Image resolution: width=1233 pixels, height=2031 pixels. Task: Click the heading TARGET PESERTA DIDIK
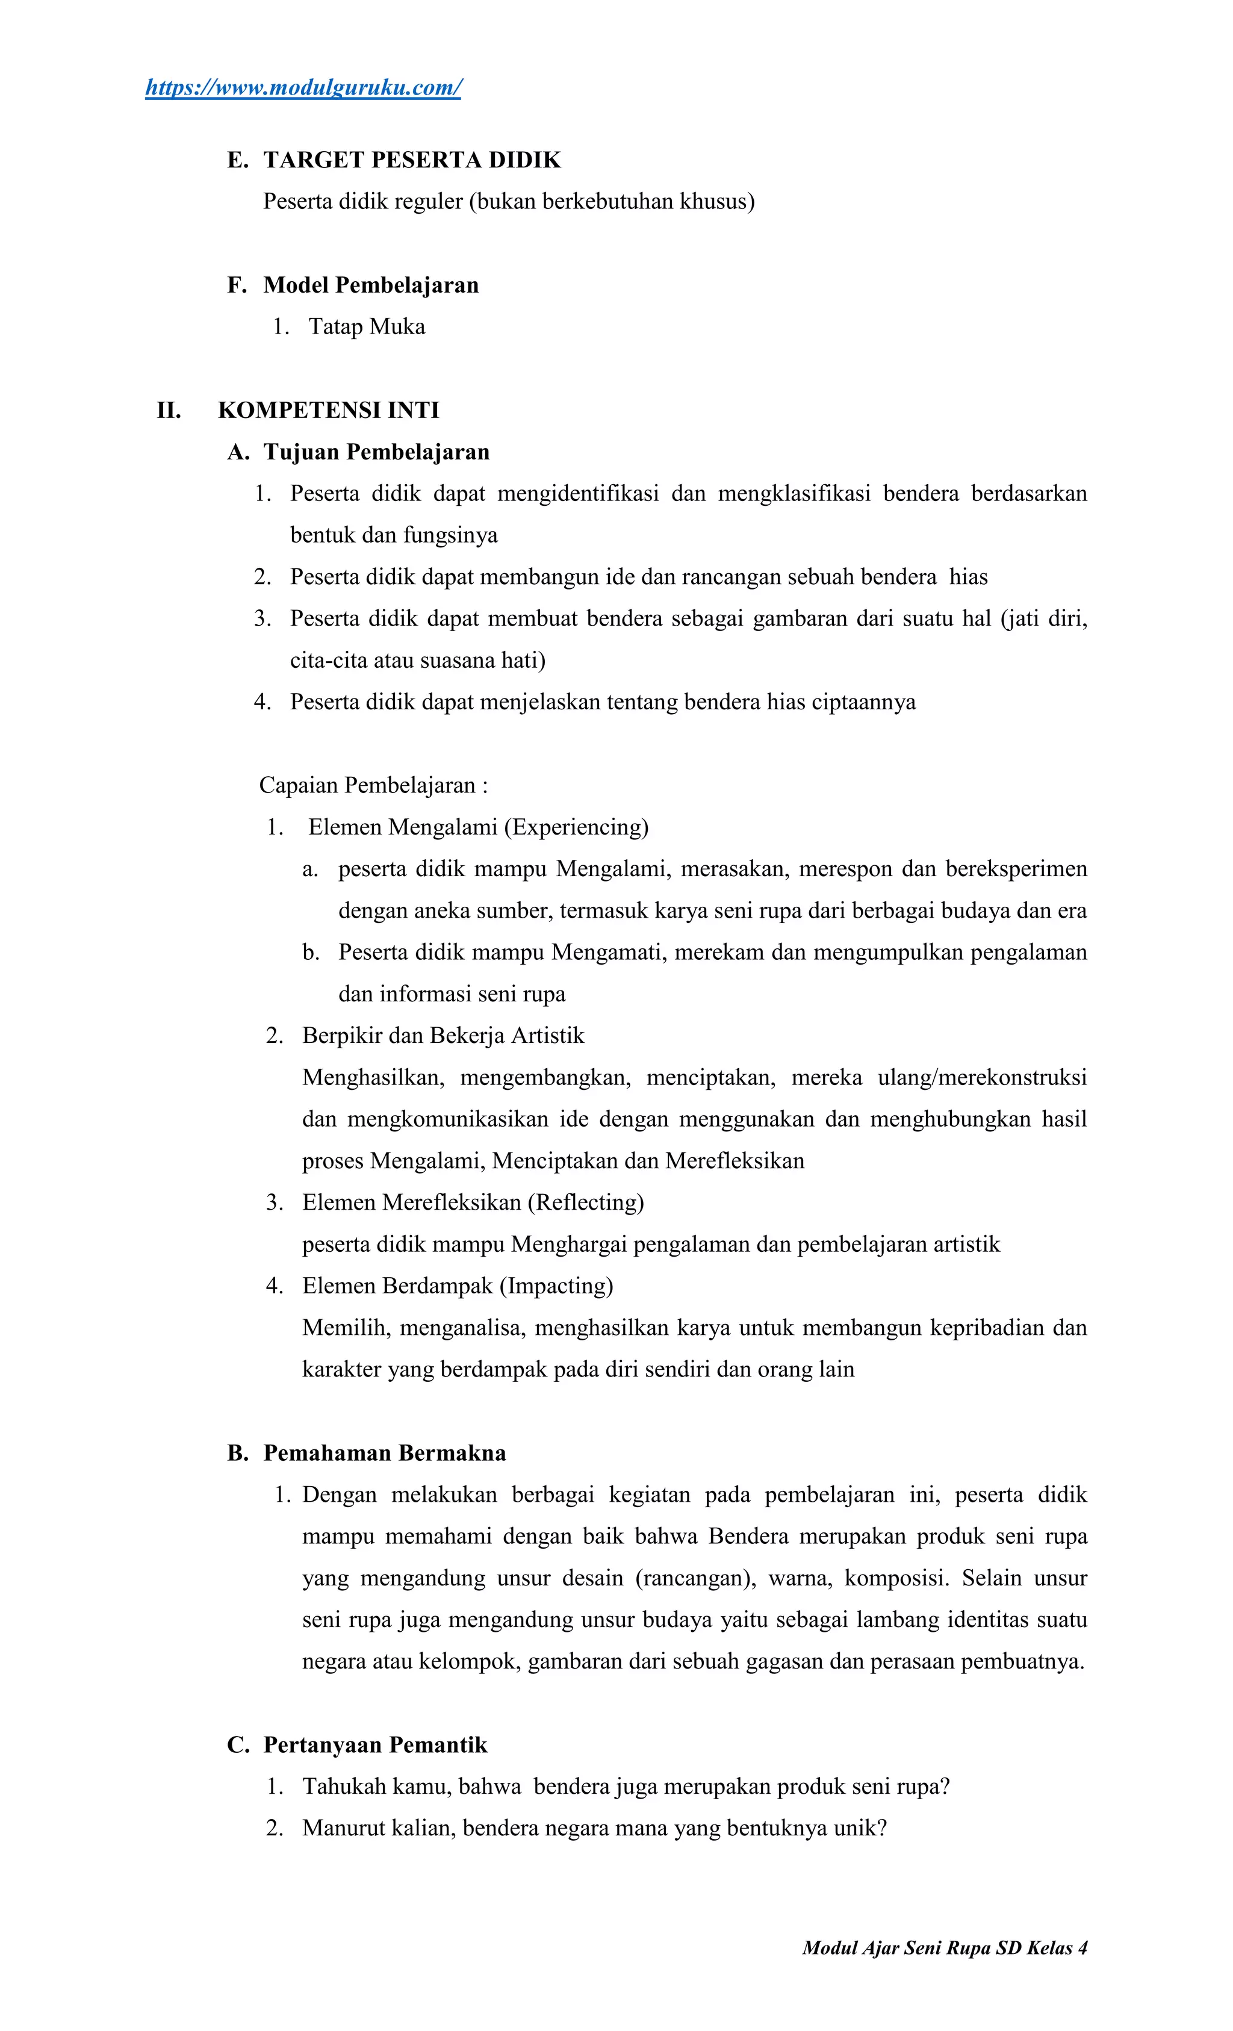[411, 160]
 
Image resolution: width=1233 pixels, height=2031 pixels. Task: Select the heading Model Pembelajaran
[370, 285]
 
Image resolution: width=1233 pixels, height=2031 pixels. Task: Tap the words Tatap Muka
[367, 327]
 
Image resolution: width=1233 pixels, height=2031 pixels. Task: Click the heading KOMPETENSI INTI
[328, 411]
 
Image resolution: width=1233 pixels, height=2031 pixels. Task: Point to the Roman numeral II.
[169, 411]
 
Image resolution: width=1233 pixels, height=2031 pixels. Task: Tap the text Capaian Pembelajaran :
[373, 786]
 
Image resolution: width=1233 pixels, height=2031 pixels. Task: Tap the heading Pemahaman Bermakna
[384, 1453]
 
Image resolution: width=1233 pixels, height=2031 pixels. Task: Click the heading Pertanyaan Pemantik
[375, 1745]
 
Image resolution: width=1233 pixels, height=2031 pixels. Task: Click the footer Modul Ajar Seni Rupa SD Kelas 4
[945, 1948]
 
